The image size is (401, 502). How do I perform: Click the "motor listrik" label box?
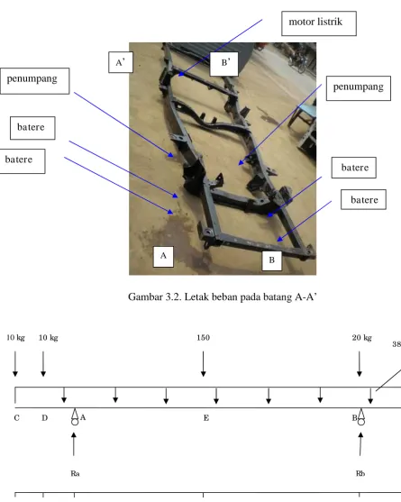(319, 23)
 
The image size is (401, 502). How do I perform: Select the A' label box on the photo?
(121, 62)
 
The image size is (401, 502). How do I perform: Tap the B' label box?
(224, 64)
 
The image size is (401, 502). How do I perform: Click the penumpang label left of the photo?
(34, 81)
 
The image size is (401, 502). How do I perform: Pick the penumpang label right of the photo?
(359, 88)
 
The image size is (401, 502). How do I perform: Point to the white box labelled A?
(163, 257)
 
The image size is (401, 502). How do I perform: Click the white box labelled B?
(272, 260)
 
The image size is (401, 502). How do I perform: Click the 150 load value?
(204, 338)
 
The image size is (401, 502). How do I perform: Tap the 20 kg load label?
(362, 338)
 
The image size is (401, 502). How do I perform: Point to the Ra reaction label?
(75, 473)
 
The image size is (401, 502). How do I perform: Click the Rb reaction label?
(360, 473)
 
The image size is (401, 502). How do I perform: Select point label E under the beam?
(206, 418)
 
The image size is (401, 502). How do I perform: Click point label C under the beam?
(16, 418)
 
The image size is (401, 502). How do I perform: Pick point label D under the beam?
(45, 418)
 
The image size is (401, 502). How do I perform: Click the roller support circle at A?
(75, 422)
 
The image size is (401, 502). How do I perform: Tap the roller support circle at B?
(361, 422)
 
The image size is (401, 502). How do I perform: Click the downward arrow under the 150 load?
(204, 364)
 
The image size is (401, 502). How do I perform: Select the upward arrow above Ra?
(74, 444)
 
